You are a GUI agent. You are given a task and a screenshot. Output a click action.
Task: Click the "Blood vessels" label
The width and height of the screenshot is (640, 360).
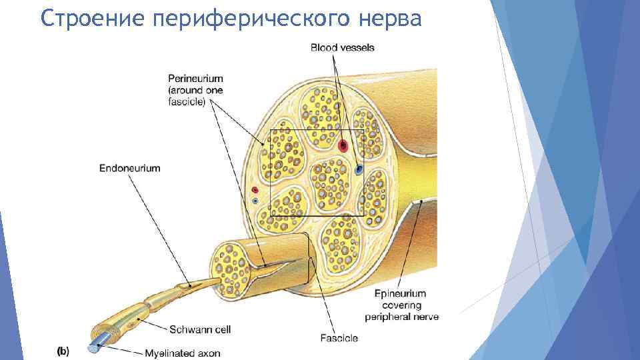point(342,47)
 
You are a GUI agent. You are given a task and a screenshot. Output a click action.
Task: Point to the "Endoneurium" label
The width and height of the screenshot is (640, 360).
point(129,169)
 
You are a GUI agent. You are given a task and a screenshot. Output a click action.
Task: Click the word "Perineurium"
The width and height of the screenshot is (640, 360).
point(195,79)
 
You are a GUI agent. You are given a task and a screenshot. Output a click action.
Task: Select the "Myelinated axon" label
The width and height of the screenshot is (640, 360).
point(182,353)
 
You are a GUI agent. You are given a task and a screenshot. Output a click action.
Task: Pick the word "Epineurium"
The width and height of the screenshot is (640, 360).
point(400,293)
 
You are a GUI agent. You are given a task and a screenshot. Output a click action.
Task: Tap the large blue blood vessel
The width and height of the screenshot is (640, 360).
point(359,169)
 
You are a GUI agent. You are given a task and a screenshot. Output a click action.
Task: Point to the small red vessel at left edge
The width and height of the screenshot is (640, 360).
point(254,189)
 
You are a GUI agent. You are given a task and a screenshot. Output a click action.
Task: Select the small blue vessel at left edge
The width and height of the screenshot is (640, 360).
point(255,201)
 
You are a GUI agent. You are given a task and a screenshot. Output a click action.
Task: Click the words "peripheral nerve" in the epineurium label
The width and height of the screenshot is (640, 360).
point(405,317)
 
